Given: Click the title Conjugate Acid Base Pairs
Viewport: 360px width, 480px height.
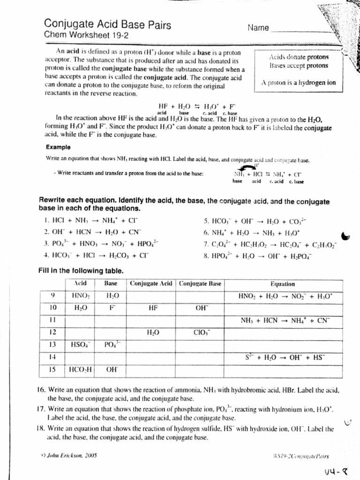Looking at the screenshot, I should click(x=107, y=24).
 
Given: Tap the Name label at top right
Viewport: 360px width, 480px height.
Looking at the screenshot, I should click(x=258, y=28).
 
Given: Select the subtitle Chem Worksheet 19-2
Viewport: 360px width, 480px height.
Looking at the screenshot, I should click(x=80, y=35).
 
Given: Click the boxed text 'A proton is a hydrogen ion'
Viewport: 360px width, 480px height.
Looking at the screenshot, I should click(x=299, y=82).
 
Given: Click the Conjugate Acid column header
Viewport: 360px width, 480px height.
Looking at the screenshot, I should click(x=151, y=284).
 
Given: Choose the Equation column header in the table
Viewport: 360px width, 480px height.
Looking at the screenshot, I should click(x=283, y=284).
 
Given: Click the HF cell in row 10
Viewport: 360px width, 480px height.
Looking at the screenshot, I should click(x=151, y=308).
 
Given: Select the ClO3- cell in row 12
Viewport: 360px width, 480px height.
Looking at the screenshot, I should click(x=202, y=332).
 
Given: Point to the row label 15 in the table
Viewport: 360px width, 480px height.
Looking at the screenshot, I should click(x=53, y=369).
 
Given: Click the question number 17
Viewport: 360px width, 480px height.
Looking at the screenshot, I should click(x=40, y=409).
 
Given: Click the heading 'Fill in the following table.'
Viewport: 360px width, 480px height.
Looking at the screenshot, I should click(x=81, y=270).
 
